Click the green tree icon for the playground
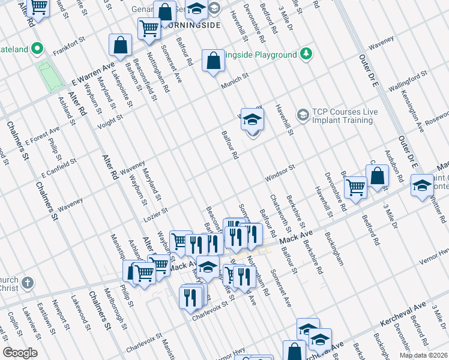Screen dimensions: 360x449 pos(306,54)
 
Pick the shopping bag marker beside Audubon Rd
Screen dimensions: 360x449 pos(377,176)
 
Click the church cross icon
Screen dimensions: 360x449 pos(27,283)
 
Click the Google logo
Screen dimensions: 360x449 pos(20,353)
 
